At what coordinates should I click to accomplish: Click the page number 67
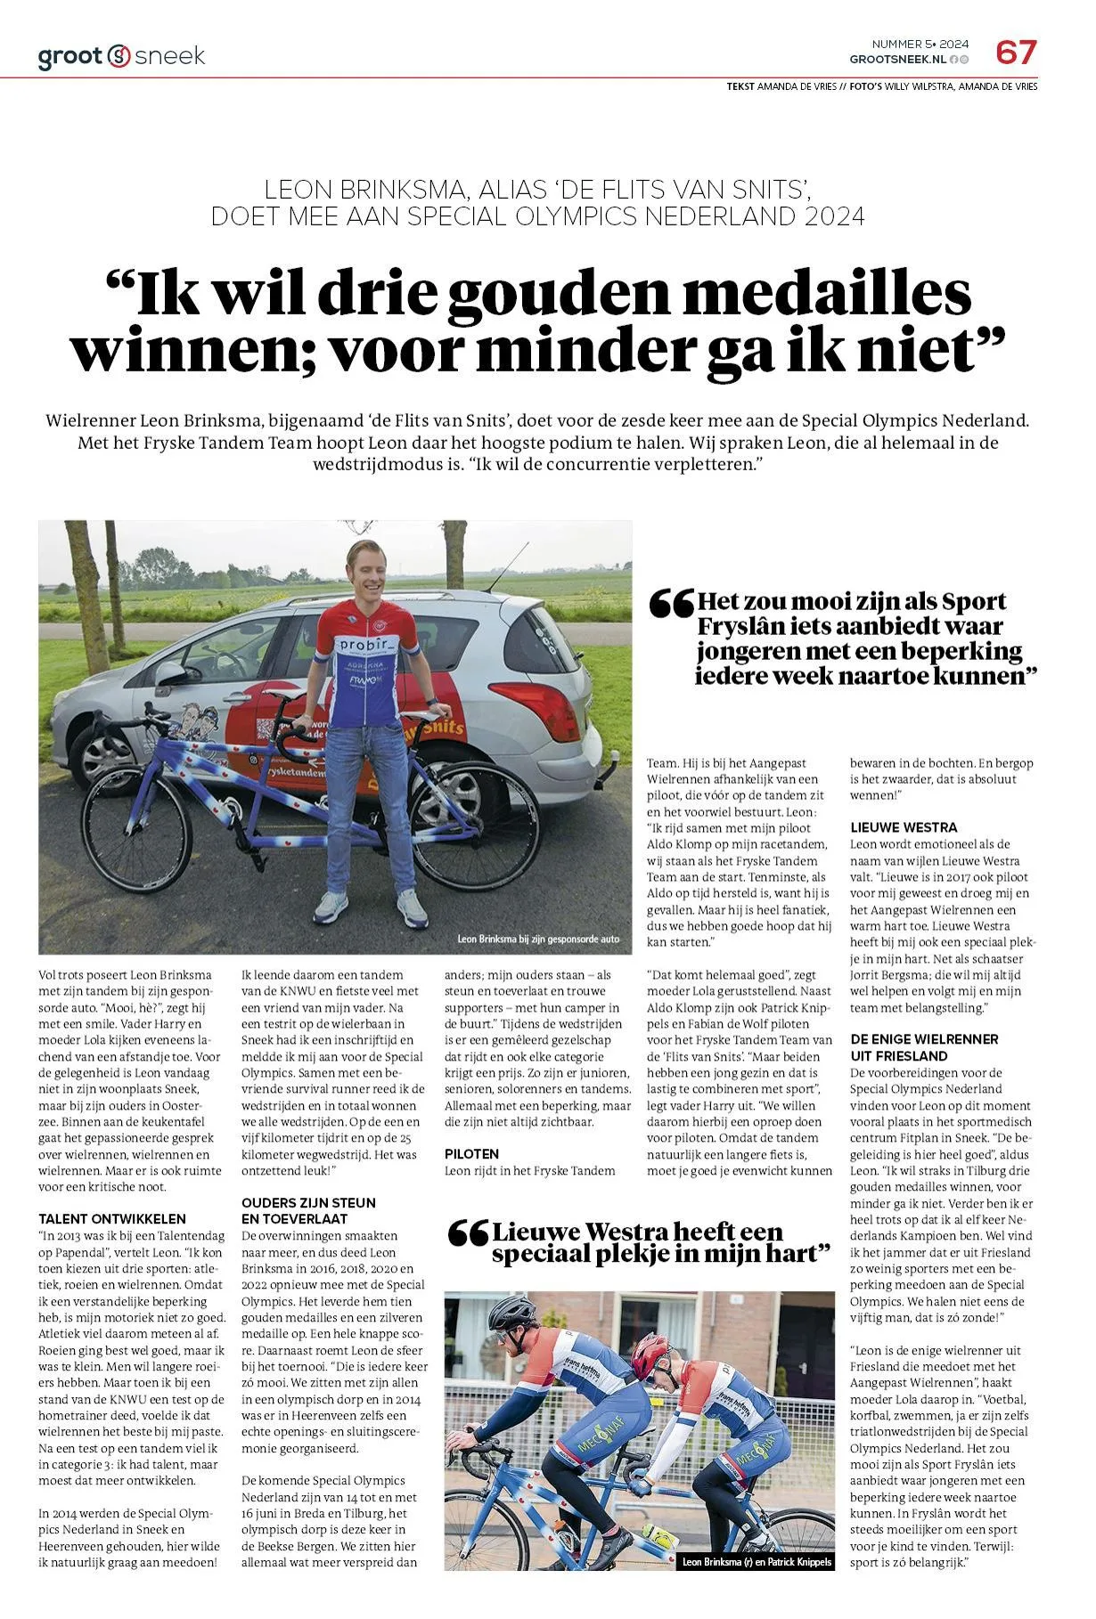(1016, 53)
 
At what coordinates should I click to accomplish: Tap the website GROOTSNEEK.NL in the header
(897, 59)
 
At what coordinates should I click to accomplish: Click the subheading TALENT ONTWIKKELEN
(112, 1219)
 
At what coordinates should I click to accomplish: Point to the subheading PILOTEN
(471, 1154)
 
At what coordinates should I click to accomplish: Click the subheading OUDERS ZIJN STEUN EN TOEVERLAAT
(308, 1211)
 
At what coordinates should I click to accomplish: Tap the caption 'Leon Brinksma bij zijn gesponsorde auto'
(537, 939)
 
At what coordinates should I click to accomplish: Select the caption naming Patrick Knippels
(757, 1587)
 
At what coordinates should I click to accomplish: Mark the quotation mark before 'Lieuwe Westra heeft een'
(468, 1233)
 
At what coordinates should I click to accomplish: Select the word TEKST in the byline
(740, 86)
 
